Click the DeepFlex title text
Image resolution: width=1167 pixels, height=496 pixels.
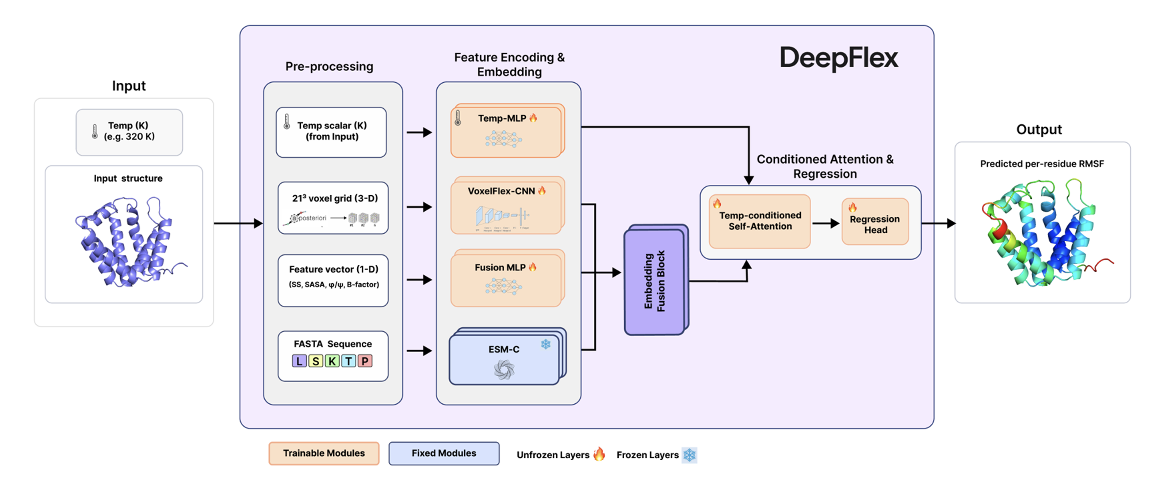click(838, 58)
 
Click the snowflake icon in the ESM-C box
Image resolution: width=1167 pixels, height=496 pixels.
click(545, 344)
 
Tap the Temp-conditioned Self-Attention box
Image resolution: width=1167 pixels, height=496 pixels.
click(760, 221)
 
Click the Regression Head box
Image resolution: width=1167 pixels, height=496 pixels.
click(875, 222)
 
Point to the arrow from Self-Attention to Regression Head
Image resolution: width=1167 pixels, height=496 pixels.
click(825, 223)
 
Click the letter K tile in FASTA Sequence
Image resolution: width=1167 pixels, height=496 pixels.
click(332, 361)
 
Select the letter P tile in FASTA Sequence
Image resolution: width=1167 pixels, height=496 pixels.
click(365, 361)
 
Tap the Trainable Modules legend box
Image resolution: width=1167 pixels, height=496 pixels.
click(323, 453)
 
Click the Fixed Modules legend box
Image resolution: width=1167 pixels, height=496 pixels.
click(444, 453)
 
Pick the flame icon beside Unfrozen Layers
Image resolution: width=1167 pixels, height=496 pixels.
click(599, 454)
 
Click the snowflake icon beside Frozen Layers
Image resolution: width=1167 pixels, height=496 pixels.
click(689, 455)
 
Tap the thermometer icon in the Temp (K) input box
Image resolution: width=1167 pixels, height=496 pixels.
click(95, 132)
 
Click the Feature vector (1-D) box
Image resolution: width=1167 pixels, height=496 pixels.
click(333, 280)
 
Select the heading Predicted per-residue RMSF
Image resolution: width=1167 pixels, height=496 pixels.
click(1041, 164)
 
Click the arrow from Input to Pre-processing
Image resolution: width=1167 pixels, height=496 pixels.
click(238, 223)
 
